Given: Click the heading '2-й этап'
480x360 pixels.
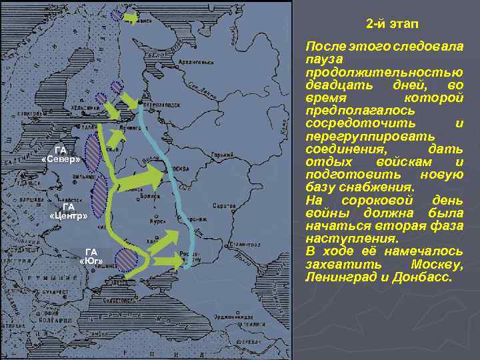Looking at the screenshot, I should (x=392, y=24).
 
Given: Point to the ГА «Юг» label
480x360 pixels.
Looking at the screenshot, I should (x=91, y=255).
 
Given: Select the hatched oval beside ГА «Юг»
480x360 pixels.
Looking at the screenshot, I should (x=126, y=259).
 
